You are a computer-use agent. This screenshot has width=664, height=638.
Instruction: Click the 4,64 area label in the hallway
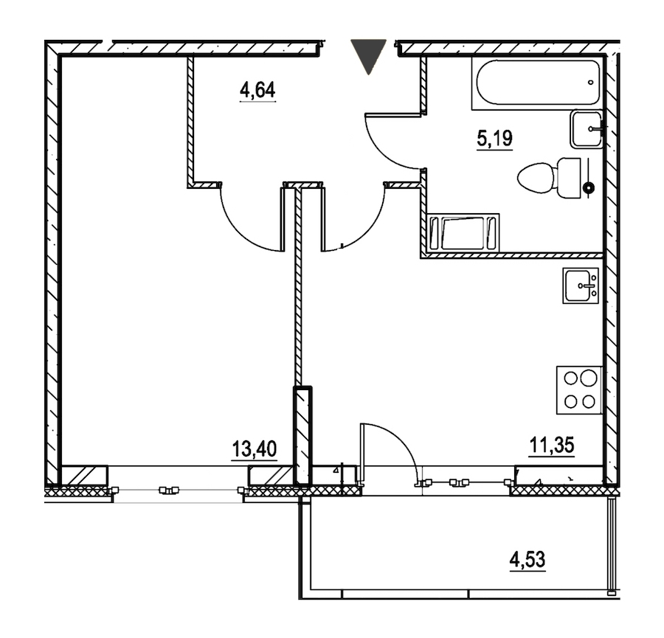257,90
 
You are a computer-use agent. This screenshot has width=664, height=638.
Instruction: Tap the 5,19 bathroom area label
494,139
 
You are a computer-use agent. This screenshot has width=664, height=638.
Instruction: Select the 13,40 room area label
255,448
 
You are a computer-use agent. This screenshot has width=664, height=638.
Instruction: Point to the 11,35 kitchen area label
552,445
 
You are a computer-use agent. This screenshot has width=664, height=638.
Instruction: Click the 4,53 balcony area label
528,559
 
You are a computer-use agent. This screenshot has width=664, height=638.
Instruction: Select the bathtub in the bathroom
536,83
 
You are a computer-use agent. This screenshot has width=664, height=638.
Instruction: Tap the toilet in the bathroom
550,178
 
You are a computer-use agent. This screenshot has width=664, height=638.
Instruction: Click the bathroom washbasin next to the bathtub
587,129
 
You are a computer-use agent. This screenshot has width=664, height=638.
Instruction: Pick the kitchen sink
581,285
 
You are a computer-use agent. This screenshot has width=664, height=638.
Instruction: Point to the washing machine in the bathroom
463,233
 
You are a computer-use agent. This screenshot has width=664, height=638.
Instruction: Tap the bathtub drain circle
591,83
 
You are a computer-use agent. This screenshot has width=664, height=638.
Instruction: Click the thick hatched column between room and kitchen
302,436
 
